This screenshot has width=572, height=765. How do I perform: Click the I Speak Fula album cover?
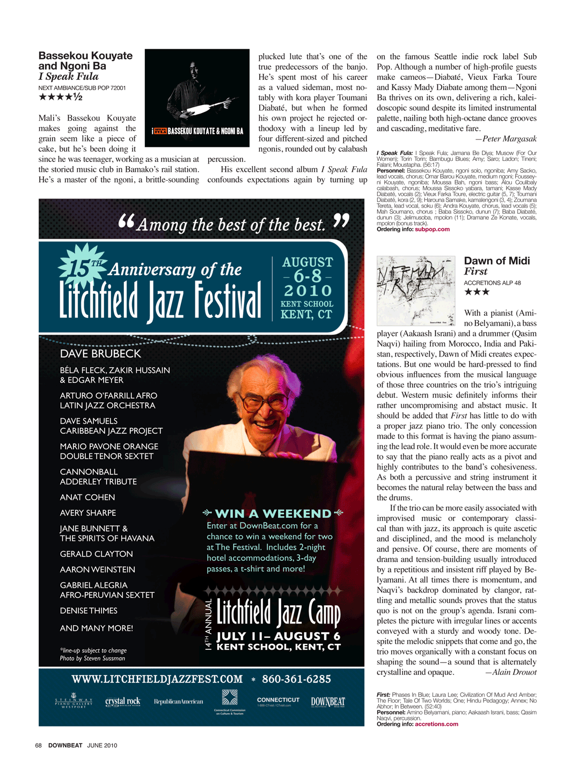(197, 98)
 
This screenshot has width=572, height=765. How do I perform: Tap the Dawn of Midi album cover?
(416, 291)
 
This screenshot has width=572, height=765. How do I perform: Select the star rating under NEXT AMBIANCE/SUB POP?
(60, 97)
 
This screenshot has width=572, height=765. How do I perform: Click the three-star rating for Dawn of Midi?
(476, 292)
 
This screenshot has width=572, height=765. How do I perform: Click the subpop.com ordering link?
(432, 229)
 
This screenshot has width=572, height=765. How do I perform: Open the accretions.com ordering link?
(436, 724)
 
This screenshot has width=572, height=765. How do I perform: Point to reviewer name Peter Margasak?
(509, 139)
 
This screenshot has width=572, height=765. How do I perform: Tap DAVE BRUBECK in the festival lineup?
(100, 354)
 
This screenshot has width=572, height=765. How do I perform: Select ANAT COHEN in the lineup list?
(87, 497)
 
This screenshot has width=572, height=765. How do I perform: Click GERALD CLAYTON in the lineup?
(96, 554)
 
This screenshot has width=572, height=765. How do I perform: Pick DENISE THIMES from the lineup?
(89, 611)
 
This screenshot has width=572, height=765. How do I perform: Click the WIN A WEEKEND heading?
(273, 514)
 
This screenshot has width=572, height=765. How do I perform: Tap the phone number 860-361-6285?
(296, 679)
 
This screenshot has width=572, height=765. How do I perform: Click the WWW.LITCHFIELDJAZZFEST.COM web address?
(157, 679)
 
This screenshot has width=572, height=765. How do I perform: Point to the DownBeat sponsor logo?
(328, 702)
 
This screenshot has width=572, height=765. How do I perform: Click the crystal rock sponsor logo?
(123, 702)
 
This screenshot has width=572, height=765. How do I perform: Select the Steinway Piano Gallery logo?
(74, 702)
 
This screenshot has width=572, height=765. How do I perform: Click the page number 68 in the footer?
(39, 745)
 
